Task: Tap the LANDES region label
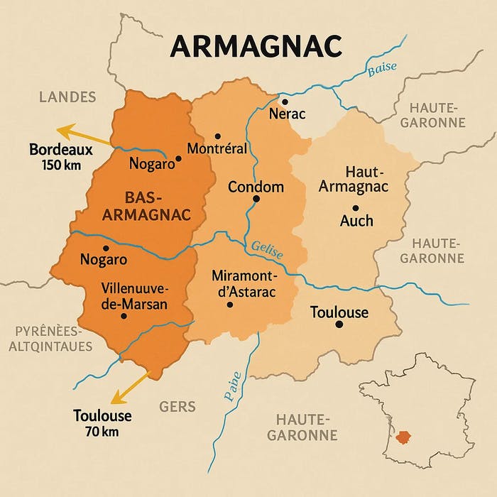coord(68,97)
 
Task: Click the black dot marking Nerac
coord(284,102)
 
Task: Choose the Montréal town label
coord(217,148)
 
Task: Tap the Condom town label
coord(256,187)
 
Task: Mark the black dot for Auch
coord(356,207)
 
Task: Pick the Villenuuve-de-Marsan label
coord(134,297)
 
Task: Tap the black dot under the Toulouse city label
coord(339,324)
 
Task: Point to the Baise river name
coord(381,69)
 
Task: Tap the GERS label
coord(177,407)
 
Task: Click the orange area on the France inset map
coord(406,437)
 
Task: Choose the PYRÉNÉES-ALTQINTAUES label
coord(50,339)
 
